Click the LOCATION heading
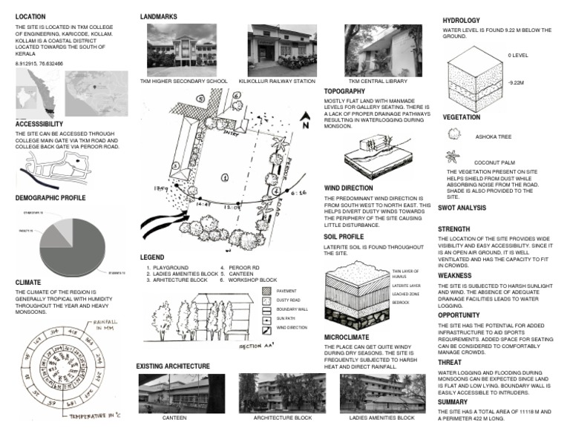(x=30, y=16)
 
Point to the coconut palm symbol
(x=453, y=157)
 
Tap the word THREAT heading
(x=452, y=362)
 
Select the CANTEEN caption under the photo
(x=174, y=418)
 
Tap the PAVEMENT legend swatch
(x=269, y=292)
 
